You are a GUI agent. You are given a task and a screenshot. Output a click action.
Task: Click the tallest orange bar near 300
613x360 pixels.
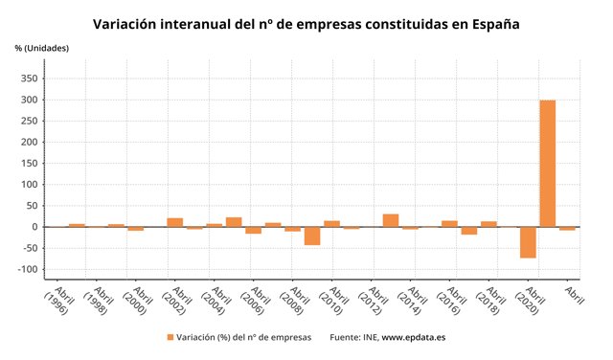pos(548,163)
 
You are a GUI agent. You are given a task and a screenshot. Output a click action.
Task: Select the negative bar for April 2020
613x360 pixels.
pos(528,242)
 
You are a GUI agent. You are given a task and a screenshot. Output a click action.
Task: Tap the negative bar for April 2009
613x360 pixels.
pos(312,236)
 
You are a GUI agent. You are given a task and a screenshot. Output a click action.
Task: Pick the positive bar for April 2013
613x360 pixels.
pos(391,220)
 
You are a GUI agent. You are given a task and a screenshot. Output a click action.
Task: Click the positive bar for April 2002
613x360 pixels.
pos(174,222)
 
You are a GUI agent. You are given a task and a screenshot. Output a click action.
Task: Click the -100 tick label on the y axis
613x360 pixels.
pos(28,269)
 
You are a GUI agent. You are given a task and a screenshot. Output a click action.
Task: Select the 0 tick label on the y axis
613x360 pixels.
pos(35,227)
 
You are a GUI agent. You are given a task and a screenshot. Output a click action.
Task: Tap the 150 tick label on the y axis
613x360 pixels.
pos(30,164)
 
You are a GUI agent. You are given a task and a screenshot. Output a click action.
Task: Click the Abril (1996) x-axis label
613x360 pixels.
pos(60,299)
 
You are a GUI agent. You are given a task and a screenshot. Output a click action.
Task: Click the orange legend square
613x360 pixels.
pos(170,337)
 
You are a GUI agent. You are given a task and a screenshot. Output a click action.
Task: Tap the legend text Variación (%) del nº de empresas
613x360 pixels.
pos(244,337)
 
